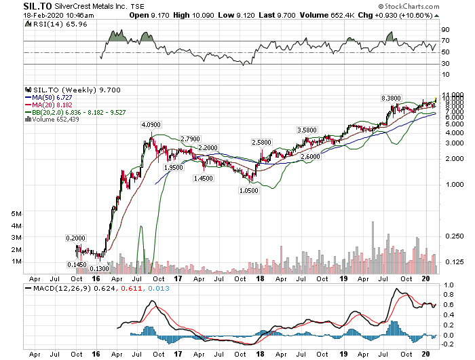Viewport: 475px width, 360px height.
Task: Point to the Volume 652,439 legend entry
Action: pyautogui.click(x=54, y=119)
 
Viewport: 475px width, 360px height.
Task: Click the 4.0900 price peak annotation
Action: pyautogui.click(x=151, y=125)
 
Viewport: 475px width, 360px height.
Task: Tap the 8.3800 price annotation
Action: pyautogui.click(x=393, y=98)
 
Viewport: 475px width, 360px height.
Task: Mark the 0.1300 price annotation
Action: pyautogui.click(x=98, y=270)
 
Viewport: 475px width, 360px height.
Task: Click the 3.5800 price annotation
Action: pyautogui.click(x=307, y=130)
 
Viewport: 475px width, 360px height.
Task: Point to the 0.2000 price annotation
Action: pyautogui.click(x=75, y=238)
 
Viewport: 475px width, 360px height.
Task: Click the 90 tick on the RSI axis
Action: pyautogui.click(x=445, y=30)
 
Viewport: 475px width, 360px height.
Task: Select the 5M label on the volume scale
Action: pyautogui.click(x=17, y=213)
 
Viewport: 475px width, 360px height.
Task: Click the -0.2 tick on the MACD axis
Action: pyautogui.click(x=447, y=344)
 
